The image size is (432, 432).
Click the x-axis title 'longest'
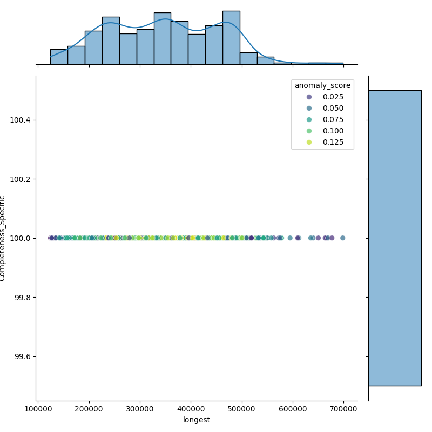197,420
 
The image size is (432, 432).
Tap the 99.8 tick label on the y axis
22,298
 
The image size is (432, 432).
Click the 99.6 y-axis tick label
22,356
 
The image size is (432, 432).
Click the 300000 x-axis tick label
140,409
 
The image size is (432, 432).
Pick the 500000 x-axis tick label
242,409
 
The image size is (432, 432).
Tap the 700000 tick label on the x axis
344,409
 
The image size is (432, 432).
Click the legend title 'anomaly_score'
322,85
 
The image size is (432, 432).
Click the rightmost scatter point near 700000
342,238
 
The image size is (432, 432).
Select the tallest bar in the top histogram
231,38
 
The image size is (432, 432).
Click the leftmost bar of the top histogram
59,57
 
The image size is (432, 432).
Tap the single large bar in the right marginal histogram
395,238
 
